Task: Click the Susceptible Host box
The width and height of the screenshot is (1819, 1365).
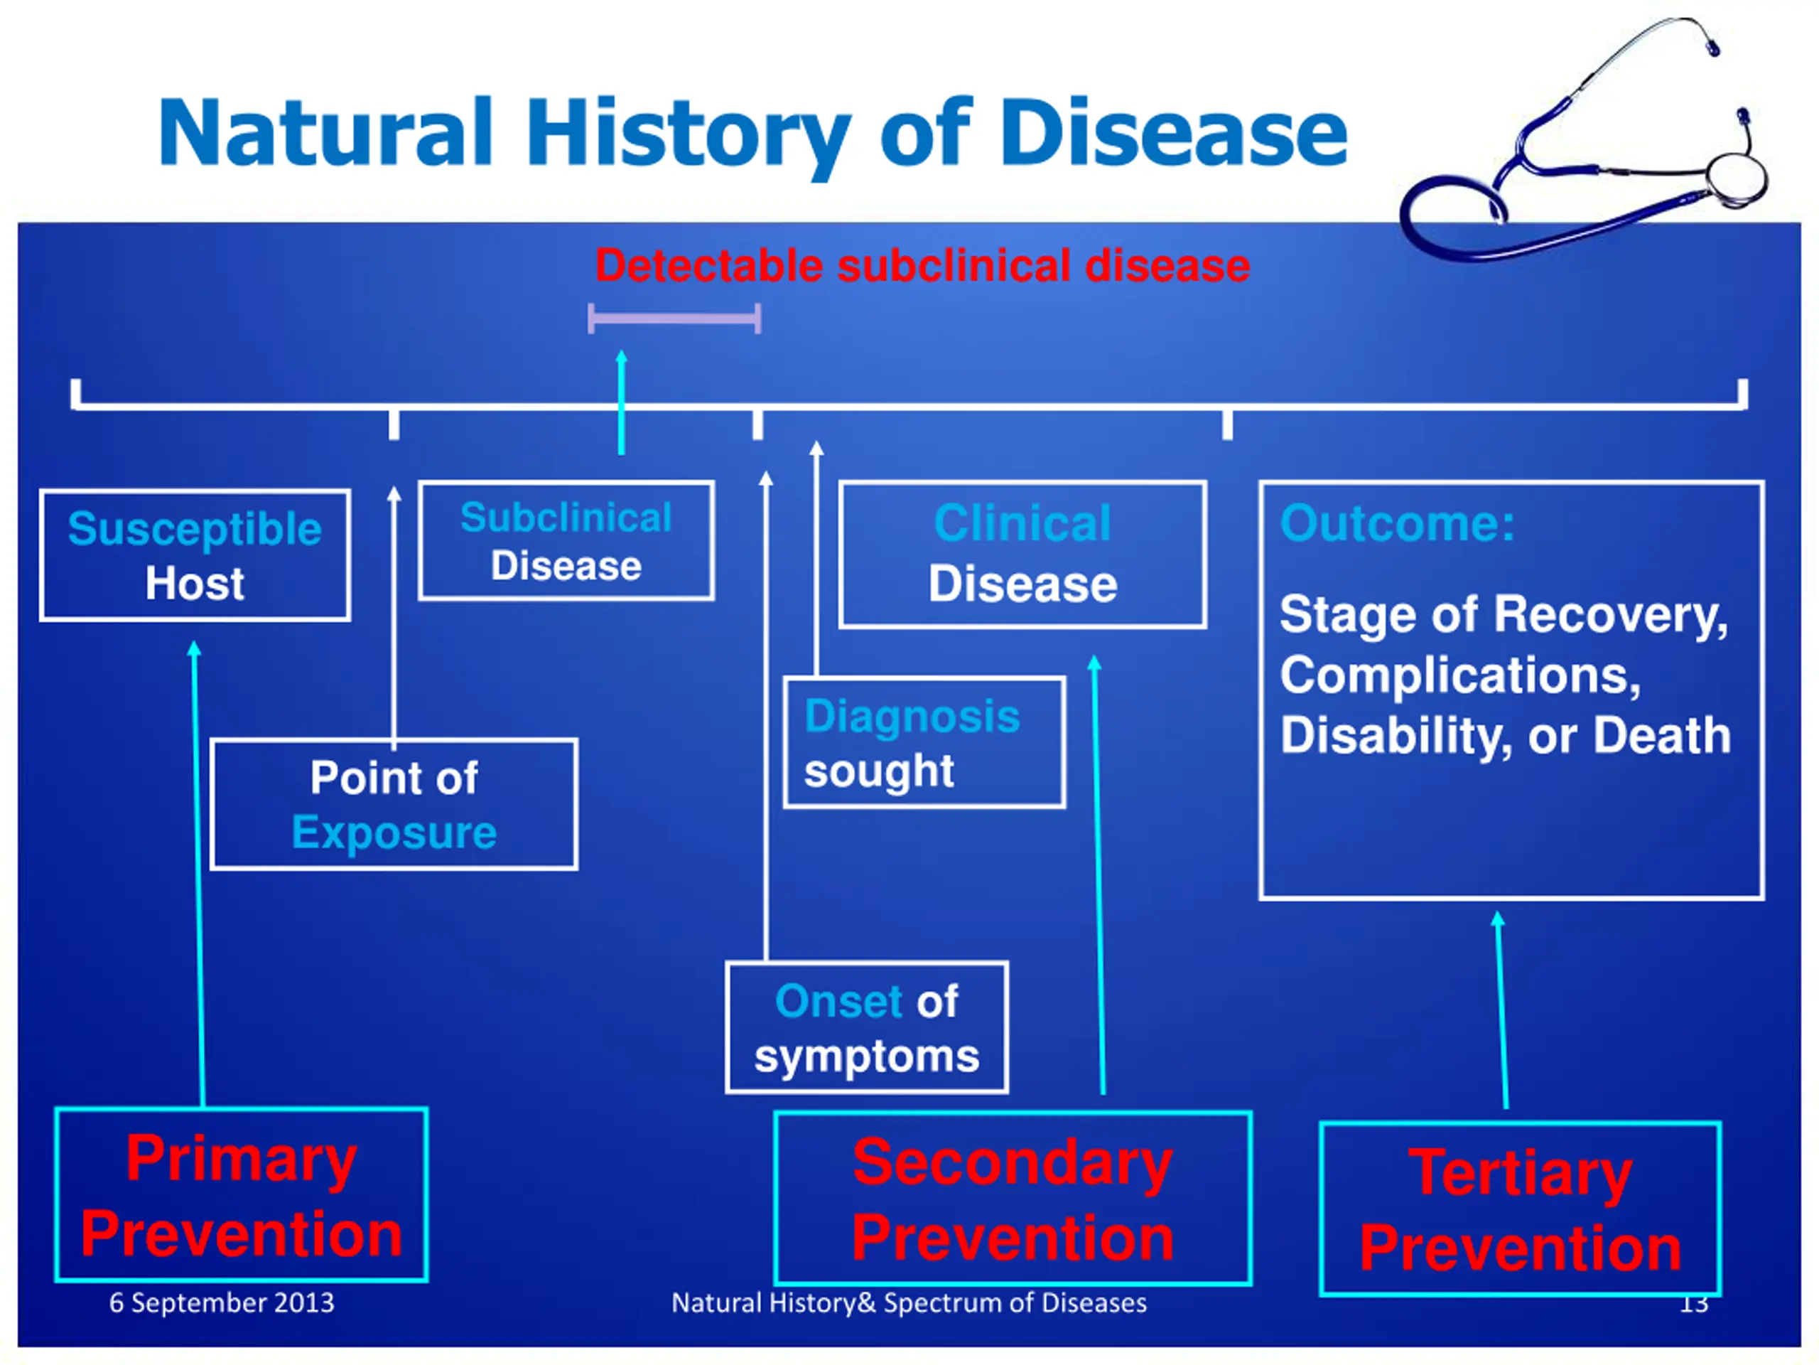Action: (195, 555)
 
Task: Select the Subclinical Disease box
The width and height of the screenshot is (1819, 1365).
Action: (566, 540)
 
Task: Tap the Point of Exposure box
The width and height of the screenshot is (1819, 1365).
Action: (394, 805)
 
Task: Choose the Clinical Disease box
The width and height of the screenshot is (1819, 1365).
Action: (1023, 555)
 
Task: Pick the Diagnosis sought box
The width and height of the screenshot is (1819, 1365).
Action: (924, 743)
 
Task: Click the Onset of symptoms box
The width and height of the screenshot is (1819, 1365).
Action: (867, 1027)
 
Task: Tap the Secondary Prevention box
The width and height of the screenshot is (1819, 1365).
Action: (1013, 1199)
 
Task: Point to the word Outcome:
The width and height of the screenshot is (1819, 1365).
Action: (1397, 523)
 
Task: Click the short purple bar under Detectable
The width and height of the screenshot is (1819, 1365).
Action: (674, 318)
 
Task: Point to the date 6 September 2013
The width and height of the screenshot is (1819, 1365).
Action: (222, 1302)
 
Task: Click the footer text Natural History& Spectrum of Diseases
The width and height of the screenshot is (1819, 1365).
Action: (909, 1302)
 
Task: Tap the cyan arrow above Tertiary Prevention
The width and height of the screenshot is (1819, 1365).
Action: (1501, 1010)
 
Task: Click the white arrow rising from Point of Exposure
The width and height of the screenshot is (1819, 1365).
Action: (394, 618)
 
